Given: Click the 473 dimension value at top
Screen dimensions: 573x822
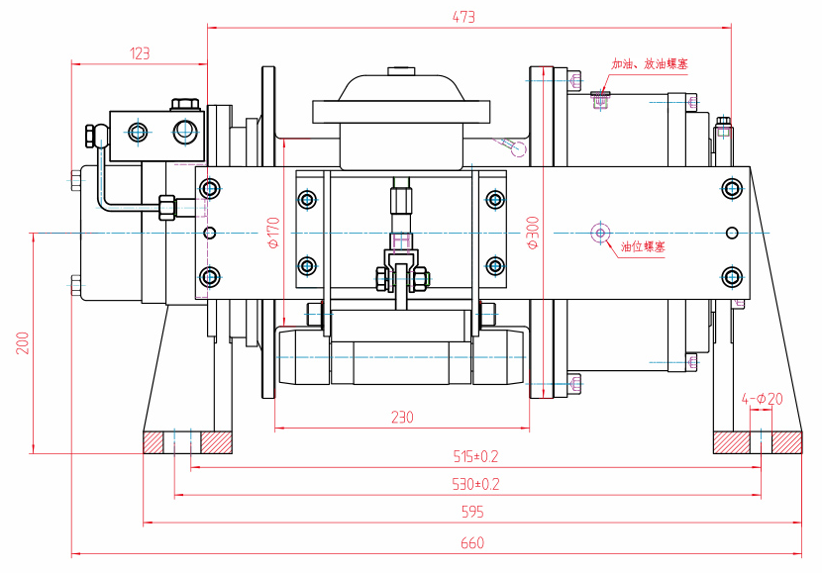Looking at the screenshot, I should click(464, 17).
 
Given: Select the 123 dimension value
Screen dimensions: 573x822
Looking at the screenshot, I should click(139, 53).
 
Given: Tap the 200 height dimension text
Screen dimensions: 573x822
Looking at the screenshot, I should click(22, 343).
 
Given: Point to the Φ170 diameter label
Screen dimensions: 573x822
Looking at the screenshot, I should click(274, 234).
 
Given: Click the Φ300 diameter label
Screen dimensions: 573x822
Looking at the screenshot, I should click(532, 234).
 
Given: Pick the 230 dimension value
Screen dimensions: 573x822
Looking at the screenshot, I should click(401, 418).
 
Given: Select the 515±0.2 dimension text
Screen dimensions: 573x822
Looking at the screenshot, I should click(475, 456).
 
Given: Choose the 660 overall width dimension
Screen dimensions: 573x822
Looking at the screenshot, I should click(472, 543).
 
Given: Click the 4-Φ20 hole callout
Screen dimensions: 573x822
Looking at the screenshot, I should click(762, 399).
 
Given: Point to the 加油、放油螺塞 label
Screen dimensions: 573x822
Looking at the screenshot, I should click(650, 64).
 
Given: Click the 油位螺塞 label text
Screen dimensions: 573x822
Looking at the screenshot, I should click(643, 246).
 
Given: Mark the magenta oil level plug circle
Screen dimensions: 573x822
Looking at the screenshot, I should click(599, 233).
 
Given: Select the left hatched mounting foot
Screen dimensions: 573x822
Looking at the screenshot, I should click(187, 441).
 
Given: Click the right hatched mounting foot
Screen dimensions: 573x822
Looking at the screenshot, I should click(757, 441).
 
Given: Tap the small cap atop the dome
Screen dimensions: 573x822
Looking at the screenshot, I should click(401, 70).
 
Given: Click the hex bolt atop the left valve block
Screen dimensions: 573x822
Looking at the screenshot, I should click(183, 103).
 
